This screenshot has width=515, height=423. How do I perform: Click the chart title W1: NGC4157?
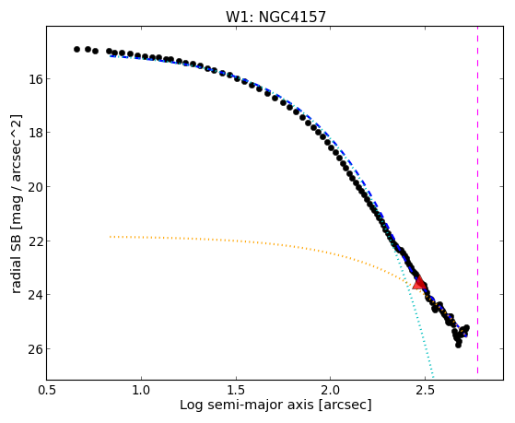pos(275,17)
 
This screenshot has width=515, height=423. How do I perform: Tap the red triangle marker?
pos(419,283)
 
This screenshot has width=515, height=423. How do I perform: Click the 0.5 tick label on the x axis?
pos(47,391)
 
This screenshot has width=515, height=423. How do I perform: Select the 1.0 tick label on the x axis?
pos(141,391)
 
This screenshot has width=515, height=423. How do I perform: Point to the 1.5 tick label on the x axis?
pos(236,391)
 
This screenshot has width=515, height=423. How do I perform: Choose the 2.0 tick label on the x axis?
pos(331,391)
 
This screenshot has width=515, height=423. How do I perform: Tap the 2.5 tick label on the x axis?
pos(425,391)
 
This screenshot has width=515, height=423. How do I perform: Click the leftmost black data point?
pos(76,49)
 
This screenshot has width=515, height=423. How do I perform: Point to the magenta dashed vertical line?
pos(477,200)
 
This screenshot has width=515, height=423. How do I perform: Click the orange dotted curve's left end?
pos(111,237)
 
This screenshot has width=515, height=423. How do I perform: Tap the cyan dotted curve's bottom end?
pos(434,377)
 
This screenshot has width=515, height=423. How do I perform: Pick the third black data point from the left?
pos(95,51)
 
